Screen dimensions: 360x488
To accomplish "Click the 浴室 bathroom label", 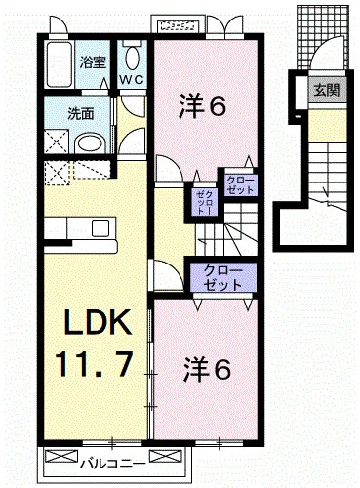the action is click(94, 62).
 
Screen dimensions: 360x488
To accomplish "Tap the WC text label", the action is click(132, 79).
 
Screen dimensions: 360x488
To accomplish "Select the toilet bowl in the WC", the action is click(133, 58).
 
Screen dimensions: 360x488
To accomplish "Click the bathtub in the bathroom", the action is click(59, 64).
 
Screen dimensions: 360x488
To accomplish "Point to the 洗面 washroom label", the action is click(81, 114).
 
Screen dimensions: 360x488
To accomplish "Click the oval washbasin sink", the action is click(90, 144).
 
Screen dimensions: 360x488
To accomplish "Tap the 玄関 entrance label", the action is click(327, 90).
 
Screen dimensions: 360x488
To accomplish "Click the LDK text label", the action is click(99, 322).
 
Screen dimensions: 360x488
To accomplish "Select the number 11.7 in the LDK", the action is click(95, 364).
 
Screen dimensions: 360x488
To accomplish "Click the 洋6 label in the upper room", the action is click(202, 105).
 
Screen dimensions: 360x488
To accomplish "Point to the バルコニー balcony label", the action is click(113, 463).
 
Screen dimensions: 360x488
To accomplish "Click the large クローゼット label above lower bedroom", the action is click(223, 277).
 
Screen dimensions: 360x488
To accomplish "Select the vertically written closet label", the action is click(205, 203).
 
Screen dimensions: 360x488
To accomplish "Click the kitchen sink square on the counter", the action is click(100, 228).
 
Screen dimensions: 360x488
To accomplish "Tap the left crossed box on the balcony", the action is click(61, 456).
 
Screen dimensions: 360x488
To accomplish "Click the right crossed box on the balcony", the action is click(165, 456).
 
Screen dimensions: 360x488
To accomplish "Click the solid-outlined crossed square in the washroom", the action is click(57, 142).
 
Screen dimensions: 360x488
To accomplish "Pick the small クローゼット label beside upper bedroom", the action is click(241, 185).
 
